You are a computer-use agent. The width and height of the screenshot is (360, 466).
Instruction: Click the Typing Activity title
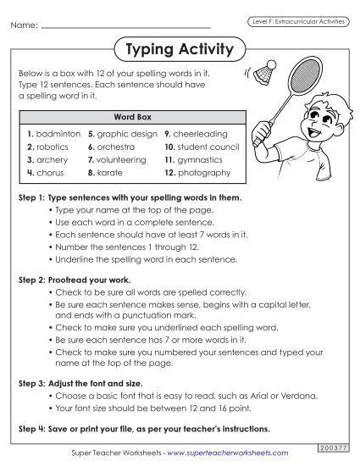179,50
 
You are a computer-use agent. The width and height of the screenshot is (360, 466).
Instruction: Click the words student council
208,147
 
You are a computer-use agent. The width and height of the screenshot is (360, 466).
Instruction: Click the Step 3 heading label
38,383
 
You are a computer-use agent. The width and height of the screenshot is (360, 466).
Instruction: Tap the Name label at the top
24,26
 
